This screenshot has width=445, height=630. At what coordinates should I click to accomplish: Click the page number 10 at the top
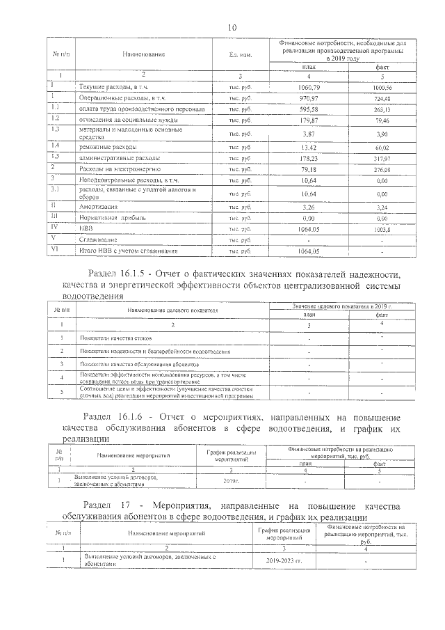coord(232,26)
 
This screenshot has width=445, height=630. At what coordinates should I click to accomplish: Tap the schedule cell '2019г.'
coord(232,481)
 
